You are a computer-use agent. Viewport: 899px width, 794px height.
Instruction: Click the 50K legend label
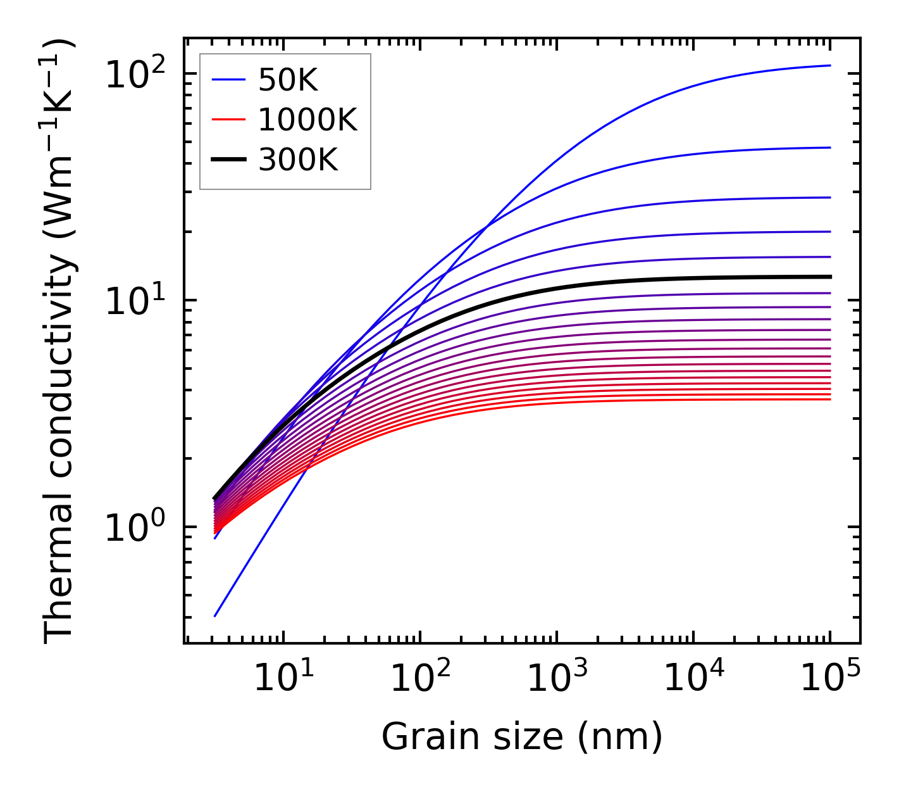click(x=288, y=80)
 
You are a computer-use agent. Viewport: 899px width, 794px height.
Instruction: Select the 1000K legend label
click(x=307, y=120)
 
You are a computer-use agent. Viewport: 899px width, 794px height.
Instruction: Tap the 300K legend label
click(x=298, y=161)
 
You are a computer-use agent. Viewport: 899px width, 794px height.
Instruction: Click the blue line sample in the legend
click(x=228, y=80)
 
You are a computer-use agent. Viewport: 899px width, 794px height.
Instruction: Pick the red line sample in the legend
click(x=228, y=120)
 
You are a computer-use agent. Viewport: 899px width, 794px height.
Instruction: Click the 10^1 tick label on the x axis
click(x=283, y=680)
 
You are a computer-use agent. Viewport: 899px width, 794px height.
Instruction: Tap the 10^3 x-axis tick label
click(x=556, y=680)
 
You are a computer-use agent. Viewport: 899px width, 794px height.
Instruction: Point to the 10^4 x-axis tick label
click(x=693, y=680)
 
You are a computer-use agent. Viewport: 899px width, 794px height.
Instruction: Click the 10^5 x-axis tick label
click(x=829, y=680)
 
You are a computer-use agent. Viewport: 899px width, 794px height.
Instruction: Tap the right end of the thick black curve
click(x=829, y=277)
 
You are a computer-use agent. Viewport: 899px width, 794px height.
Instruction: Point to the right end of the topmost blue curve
click(x=829, y=65)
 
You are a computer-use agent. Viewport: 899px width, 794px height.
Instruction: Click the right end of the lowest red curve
click(x=829, y=399)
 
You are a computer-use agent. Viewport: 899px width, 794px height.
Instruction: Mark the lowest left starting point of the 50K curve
click(x=215, y=616)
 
